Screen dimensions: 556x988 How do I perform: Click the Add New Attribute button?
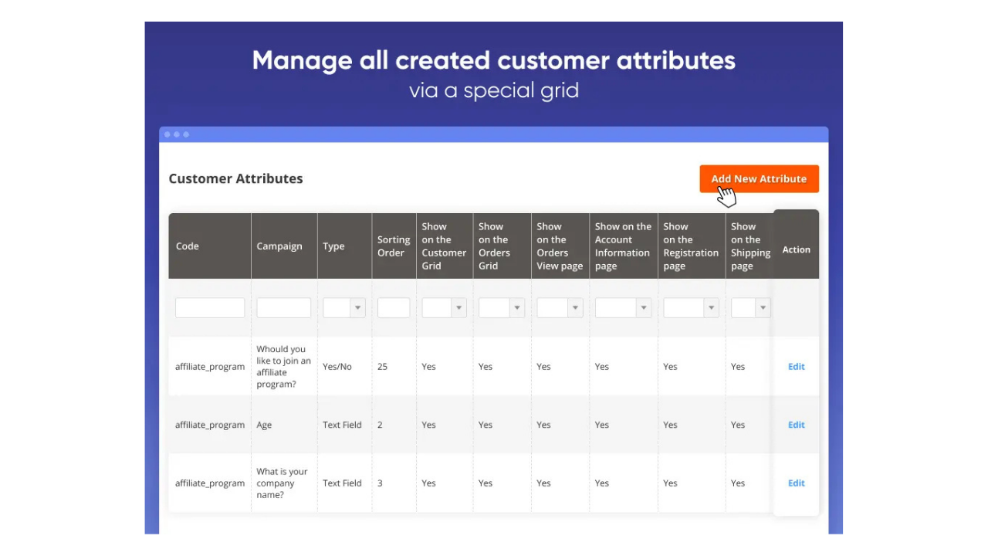pos(759,178)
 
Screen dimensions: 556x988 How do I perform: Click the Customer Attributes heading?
pos(235,178)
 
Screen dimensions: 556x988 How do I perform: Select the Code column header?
pos(188,246)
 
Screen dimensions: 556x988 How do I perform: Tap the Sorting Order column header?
pos(394,246)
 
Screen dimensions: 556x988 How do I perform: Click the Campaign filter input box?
pos(283,307)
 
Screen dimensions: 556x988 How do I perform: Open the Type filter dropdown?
pos(343,307)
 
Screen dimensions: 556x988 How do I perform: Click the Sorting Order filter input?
pos(394,307)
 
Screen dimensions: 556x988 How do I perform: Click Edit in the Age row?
pos(796,425)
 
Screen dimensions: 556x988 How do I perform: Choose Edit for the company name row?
pos(796,483)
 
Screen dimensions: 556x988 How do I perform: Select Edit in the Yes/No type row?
pos(796,367)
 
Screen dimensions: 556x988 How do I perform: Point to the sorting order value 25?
pos(382,367)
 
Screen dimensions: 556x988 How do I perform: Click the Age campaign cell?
pos(264,425)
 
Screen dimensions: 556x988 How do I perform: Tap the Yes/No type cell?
pos(337,367)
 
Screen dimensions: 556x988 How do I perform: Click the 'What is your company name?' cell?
pos(282,483)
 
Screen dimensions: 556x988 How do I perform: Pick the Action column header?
pos(796,249)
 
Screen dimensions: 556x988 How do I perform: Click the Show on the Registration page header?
pos(690,246)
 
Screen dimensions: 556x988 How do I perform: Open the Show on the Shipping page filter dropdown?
pos(750,307)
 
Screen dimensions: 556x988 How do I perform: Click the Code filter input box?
pos(210,307)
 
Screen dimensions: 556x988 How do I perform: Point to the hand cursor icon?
pos(726,197)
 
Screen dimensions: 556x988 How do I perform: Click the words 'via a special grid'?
pos(494,90)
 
